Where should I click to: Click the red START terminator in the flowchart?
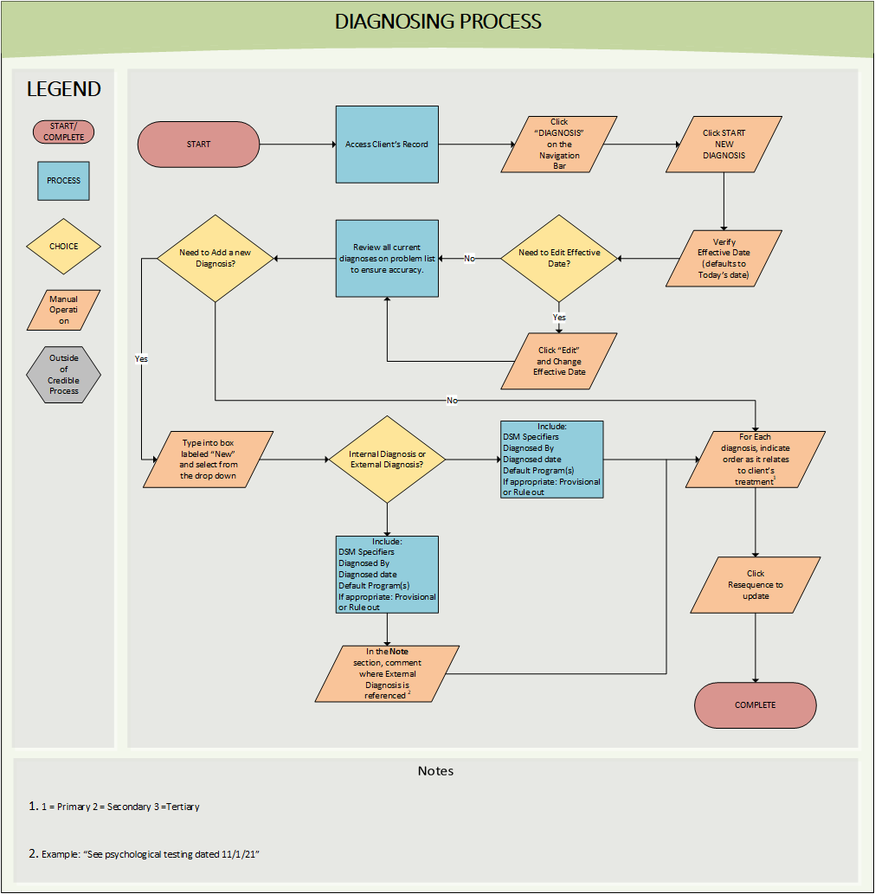pos(198,145)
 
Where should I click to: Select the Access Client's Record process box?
pos(387,145)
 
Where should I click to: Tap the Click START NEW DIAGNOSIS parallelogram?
pos(724,145)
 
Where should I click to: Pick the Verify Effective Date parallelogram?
pos(724,258)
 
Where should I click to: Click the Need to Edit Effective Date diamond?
pos(558,258)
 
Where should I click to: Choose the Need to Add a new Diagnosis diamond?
pos(215,258)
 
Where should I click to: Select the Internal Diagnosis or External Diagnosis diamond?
pos(387,460)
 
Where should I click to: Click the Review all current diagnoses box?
pos(387,258)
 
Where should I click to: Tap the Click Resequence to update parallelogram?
pos(756,584)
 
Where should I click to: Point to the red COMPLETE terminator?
pos(756,705)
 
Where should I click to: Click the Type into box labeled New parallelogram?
pos(209,460)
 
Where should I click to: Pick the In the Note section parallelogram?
pos(387,673)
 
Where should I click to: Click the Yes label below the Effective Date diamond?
pos(559,318)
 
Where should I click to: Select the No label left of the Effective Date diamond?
pos(469,259)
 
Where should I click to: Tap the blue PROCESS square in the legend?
pos(63,181)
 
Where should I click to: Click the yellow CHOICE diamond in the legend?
pos(63,247)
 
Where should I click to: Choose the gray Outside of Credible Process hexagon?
pos(63,375)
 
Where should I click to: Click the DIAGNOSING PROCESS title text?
pos(438,22)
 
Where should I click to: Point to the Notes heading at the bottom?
pos(435,771)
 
